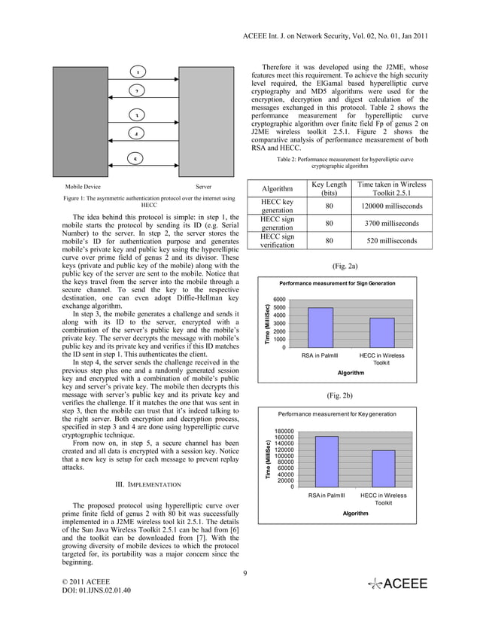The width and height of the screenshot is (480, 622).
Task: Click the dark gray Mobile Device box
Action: coord(80,120)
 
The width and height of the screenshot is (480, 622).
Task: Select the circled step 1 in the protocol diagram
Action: coord(138,72)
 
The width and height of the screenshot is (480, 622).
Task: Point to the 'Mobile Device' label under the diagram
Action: coord(84,185)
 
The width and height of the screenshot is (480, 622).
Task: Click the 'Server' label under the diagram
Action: coord(202,185)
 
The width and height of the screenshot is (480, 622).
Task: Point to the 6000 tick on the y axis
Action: coord(279,299)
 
